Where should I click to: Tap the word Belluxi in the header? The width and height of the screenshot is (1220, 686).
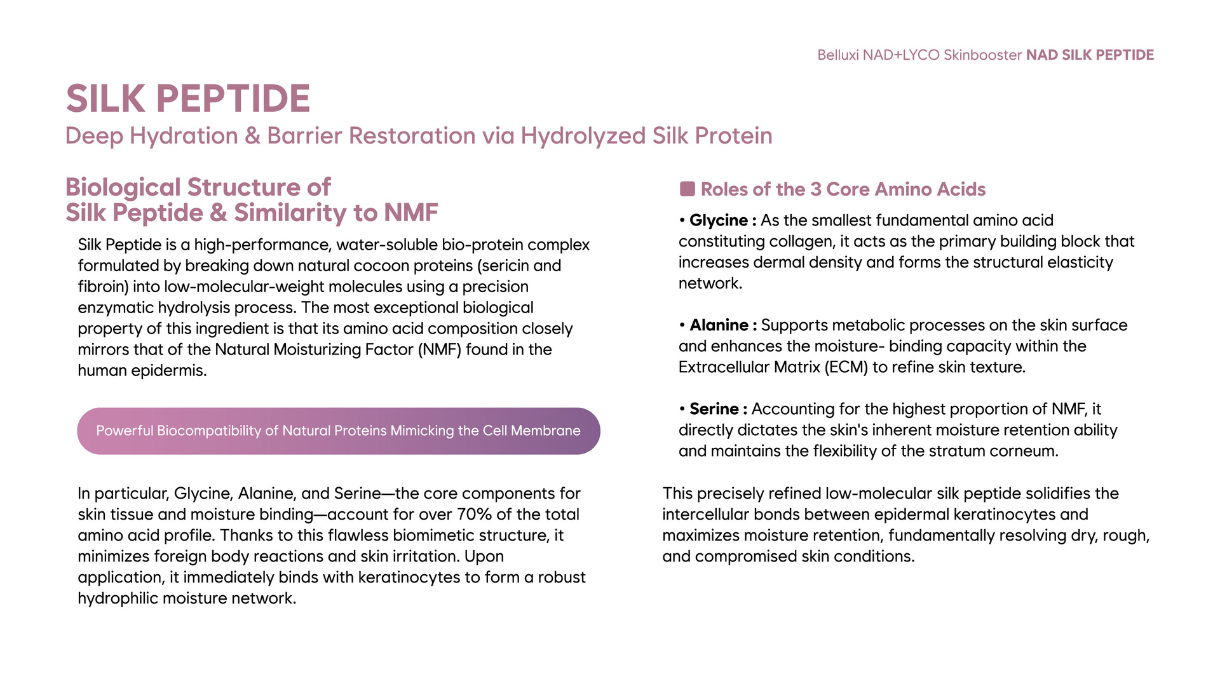(838, 55)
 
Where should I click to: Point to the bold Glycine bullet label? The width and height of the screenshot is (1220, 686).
(719, 220)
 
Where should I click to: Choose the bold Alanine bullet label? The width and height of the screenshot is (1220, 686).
(719, 325)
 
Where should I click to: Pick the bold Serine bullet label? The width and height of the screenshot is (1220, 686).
(714, 409)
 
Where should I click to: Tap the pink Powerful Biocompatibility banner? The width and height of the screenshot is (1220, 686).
(339, 431)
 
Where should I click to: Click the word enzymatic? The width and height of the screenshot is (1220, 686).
(116, 308)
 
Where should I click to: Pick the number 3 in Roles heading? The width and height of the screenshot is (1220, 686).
(815, 189)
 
